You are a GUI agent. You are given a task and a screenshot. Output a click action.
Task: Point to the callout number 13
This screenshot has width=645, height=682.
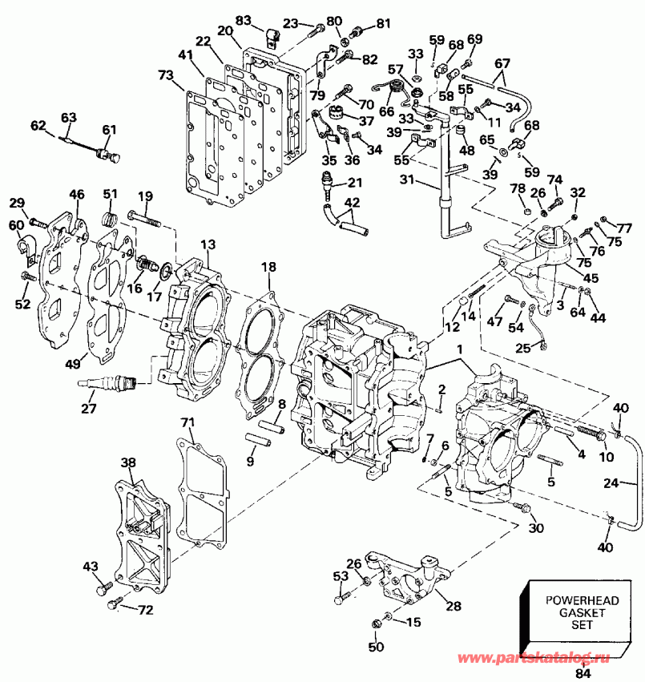click(208, 244)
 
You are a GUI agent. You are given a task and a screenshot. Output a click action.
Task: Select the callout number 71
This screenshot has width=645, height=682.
click(187, 422)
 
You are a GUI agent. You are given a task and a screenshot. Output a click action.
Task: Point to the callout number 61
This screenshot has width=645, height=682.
click(109, 130)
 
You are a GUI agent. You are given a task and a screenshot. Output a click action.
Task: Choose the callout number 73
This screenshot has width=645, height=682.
click(166, 75)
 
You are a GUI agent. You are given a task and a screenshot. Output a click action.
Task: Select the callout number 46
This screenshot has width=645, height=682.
click(77, 194)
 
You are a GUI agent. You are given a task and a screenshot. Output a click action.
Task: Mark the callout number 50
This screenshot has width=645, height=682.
click(376, 647)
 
